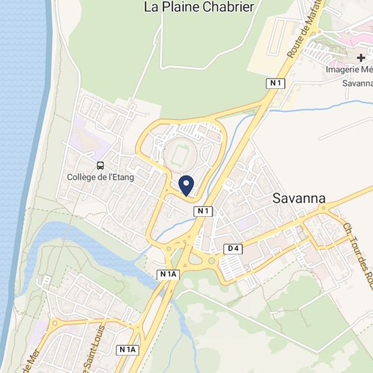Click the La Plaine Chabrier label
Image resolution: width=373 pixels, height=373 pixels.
(x=199, y=7)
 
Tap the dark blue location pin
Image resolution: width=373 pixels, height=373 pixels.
(x=186, y=184)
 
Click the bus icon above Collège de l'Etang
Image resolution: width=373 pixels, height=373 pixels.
(x=100, y=165)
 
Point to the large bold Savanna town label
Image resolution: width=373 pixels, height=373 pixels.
(x=298, y=199)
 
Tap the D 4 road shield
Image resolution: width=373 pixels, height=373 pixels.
(x=233, y=248)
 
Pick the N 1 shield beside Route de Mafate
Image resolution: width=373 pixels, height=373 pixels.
(x=274, y=83)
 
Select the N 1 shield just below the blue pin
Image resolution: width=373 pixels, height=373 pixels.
(x=203, y=211)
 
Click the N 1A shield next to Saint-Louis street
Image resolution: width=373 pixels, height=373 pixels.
(x=127, y=349)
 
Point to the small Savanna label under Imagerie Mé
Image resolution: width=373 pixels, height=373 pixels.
(x=357, y=83)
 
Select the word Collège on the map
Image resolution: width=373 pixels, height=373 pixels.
(x=82, y=178)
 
